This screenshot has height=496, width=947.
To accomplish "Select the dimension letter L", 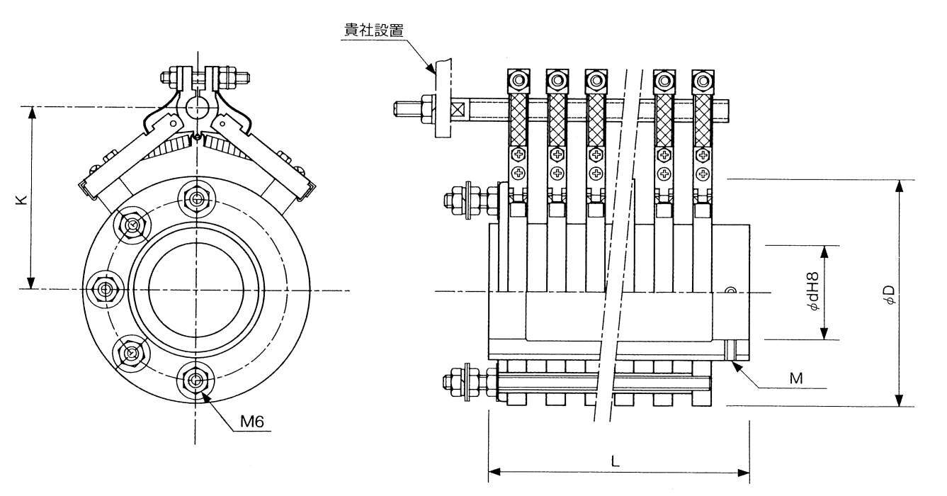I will [615, 461].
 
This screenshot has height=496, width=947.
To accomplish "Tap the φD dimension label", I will [890, 294].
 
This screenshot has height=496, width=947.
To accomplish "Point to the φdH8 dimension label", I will [815, 292].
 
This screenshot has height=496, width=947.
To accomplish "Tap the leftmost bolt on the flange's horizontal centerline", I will [105, 288].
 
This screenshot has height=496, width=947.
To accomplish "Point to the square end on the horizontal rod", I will [457, 110].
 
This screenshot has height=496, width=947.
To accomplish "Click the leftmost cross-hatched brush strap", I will [519, 120].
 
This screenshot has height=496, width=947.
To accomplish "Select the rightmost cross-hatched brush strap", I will [703, 120].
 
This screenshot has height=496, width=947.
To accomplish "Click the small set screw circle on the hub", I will [731, 289].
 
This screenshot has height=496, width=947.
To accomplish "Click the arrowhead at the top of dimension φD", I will [900, 186].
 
